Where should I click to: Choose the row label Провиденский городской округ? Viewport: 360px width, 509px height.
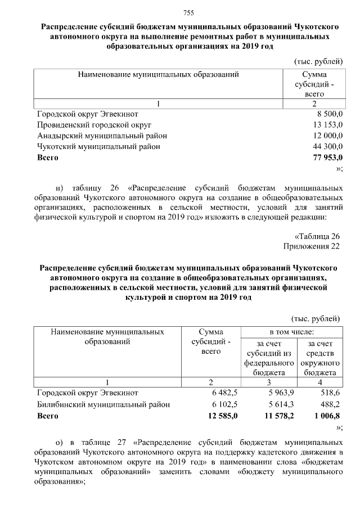(x=94, y=124)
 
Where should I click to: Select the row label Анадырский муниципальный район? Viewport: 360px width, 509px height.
(x=102, y=136)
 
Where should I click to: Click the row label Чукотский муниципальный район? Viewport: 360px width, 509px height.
(x=98, y=146)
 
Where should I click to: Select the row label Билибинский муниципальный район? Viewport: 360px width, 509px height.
(x=103, y=404)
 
